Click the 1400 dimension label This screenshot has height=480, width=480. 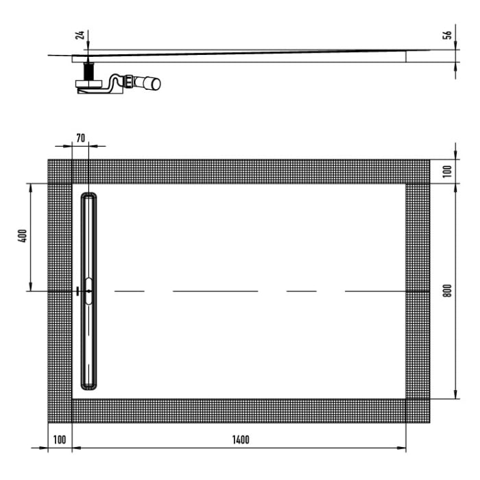240,440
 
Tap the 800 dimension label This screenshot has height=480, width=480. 447,291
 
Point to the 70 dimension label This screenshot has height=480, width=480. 80,138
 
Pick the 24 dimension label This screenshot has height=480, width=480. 80,36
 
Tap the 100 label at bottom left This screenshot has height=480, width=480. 60,440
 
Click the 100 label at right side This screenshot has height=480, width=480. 447,171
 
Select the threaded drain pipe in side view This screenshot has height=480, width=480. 88,71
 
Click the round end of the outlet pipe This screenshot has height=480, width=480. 156,84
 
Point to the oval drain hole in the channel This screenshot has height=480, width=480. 89,291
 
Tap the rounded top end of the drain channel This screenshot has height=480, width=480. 89,197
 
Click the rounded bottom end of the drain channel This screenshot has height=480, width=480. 89,385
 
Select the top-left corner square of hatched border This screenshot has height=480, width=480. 60,171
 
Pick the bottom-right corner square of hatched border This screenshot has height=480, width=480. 418,411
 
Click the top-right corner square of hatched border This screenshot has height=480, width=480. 418,171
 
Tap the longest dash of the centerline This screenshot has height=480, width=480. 215,291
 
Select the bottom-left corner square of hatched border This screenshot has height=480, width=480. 60,411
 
